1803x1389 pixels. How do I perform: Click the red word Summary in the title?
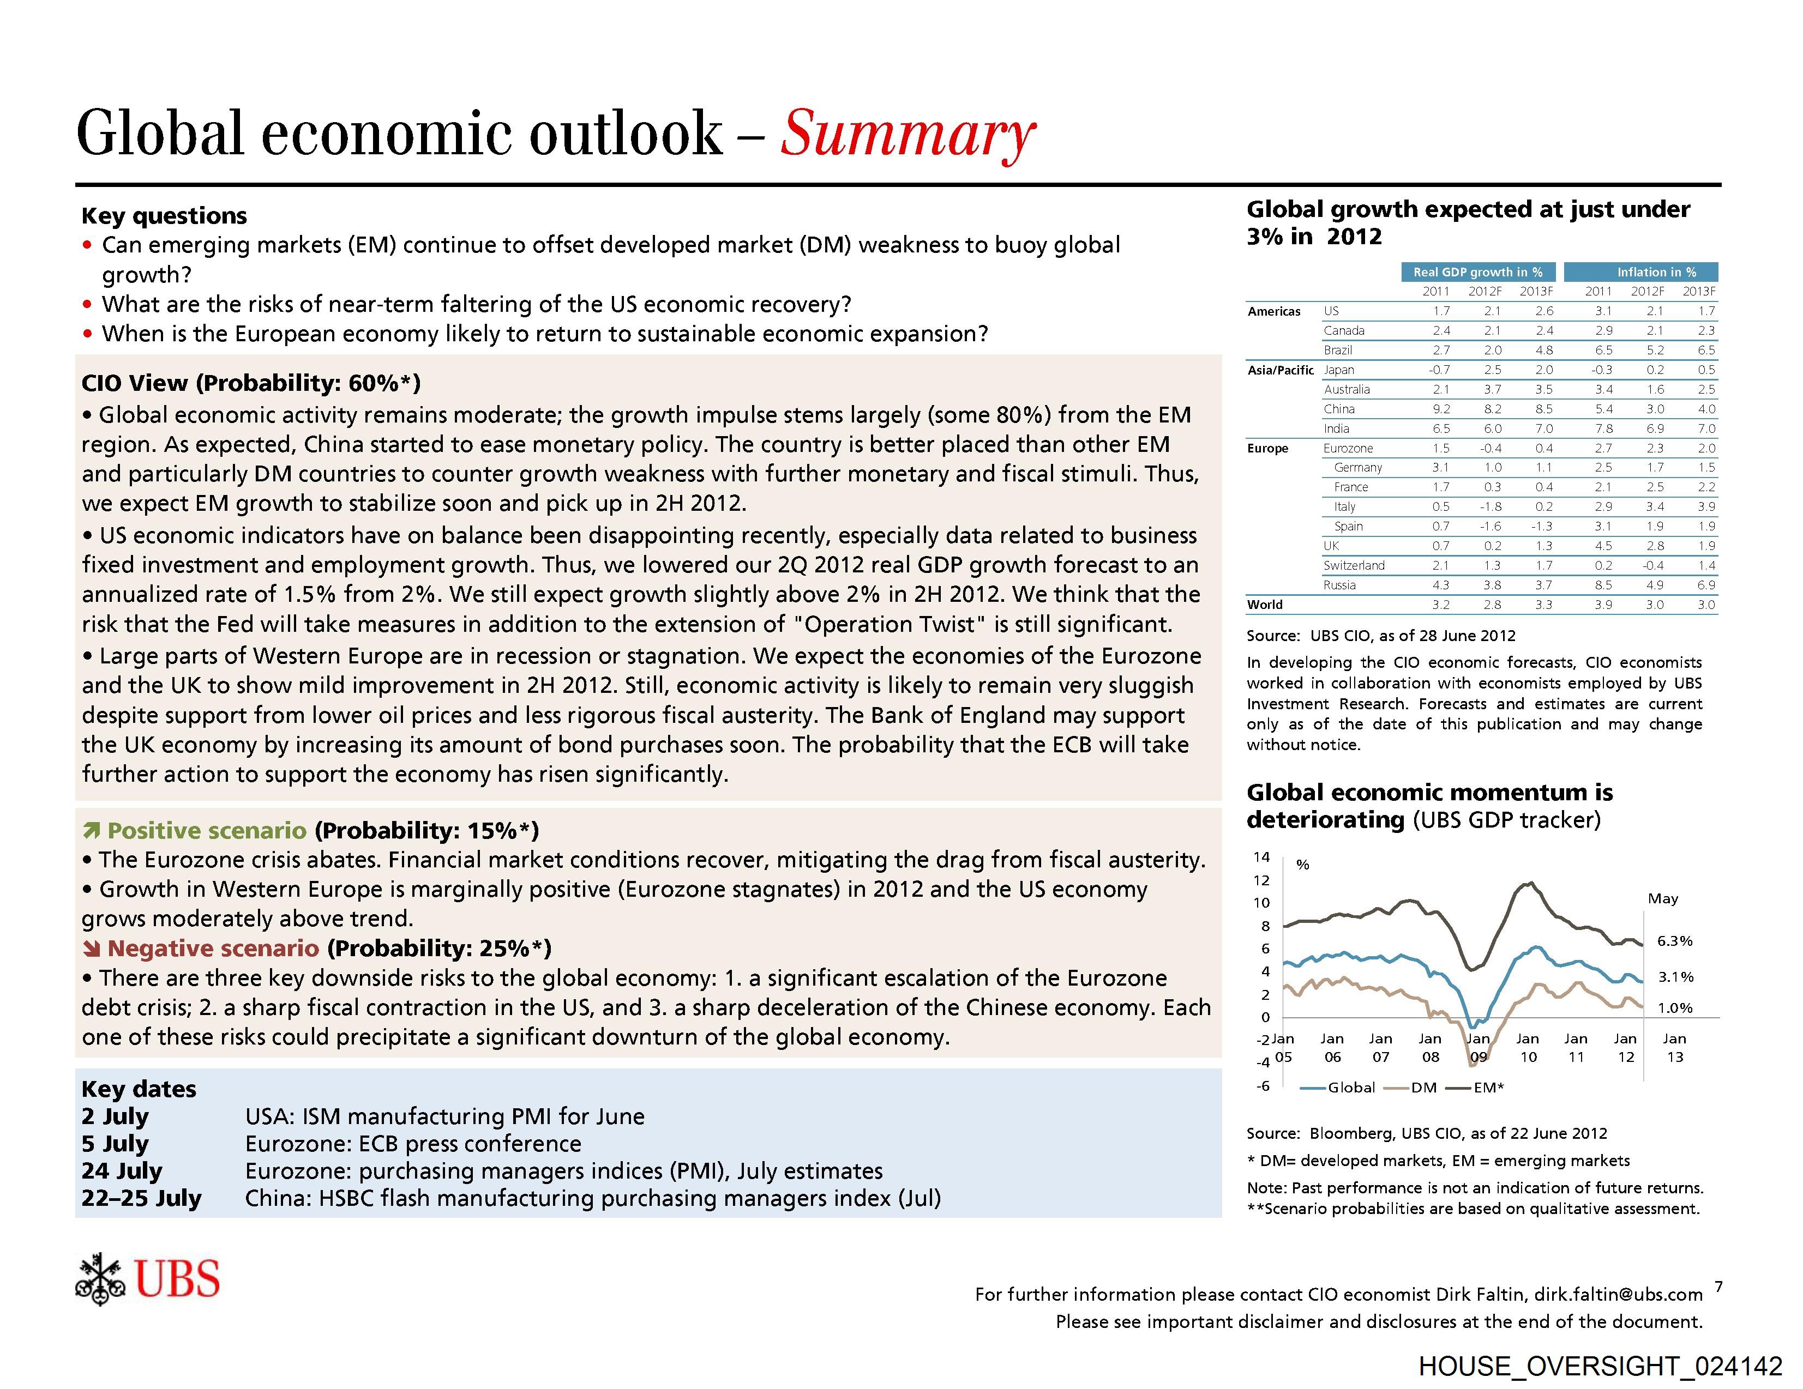click(x=906, y=134)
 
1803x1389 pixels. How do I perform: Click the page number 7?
click(x=1718, y=1286)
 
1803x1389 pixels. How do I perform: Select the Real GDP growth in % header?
click(x=1478, y=271)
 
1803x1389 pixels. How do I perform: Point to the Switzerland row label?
click(x=1354, y=565)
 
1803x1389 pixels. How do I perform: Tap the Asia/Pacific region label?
click(x=1281, y=370)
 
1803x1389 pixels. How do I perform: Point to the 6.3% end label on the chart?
click(x=1675, y=941)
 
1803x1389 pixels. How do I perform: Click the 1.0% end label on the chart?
click(x=1675, y=1008)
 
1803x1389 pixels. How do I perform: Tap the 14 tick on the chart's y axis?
click(x=1261, y=856)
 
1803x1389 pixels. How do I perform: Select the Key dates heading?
click(x=139, y=1089)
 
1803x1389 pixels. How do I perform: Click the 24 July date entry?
click(x=122, y=1170)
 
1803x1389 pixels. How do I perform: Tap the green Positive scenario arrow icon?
click(x=92, y=830)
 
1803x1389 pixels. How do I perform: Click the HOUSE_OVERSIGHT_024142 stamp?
click(x=1600, y=1366)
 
